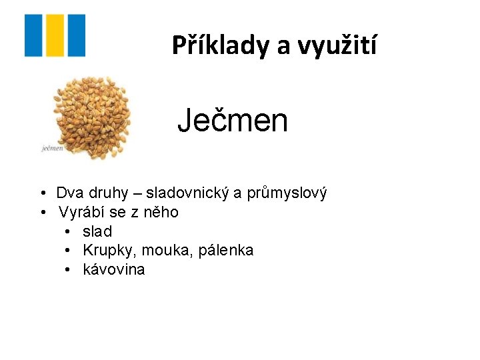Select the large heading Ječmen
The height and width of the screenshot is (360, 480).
(233, 121)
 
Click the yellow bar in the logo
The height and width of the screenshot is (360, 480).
(55, 35)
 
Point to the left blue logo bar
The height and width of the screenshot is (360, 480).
(33, 35)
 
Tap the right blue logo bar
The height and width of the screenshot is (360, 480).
(77, 35)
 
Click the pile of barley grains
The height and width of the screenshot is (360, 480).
(92, 115)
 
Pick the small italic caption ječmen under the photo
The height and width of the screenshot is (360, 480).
(52, 148)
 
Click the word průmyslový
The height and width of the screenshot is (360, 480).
(287, 193)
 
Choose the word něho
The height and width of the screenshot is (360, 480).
(163, 213)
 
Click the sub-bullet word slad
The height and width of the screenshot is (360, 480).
(97, 231)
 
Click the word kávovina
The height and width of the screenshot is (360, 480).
(113, 269)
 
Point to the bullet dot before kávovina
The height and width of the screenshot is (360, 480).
(69, 269)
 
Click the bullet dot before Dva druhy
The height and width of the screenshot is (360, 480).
(42, 193)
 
